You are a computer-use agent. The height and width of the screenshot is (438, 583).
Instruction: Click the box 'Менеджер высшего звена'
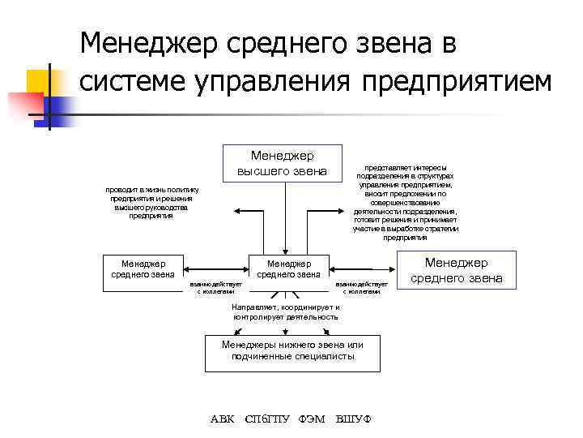[282, 162]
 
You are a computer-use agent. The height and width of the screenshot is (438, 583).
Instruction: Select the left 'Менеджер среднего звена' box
[143, 268]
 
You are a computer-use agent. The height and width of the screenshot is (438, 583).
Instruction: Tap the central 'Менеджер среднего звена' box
[288, 268]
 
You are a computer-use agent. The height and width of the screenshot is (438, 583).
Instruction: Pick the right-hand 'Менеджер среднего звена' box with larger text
[456, 270]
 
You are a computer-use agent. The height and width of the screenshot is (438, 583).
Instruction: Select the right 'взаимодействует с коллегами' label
[362, 288]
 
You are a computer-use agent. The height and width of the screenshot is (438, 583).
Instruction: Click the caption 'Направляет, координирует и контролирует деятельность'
[286, 312]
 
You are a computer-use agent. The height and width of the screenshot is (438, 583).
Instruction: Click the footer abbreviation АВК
[222, 419]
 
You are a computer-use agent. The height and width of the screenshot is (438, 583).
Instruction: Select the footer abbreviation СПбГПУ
[266, 419]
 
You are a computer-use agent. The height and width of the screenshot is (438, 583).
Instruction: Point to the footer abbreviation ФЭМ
[312, 419]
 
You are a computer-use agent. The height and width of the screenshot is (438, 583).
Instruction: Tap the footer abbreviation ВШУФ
[353, 419]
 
